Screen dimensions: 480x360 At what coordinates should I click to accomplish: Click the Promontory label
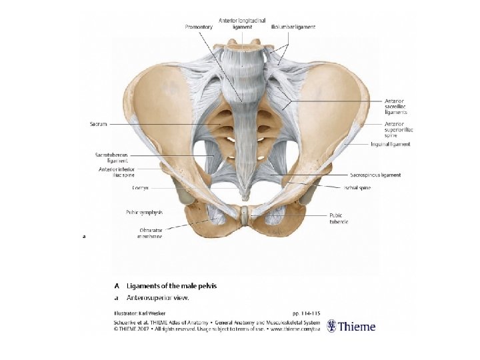coord(200,27)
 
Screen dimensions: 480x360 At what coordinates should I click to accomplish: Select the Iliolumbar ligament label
coord(293,27)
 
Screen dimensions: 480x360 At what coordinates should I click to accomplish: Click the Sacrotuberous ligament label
coord(111,157)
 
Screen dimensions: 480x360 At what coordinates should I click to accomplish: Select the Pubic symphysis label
coord(144,212)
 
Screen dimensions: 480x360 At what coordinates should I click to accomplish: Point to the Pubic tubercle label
coord(338,218)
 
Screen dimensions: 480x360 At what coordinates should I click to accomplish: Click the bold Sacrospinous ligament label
coord(376,175)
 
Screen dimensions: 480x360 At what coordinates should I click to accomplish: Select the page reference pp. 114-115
coord(306,312)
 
